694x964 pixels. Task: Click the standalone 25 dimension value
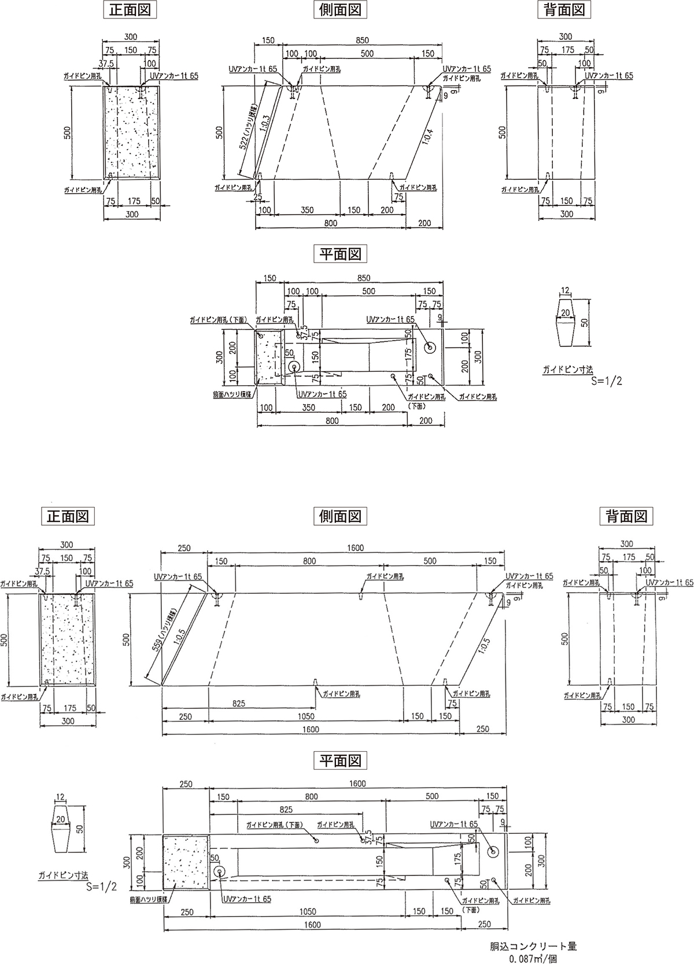258,197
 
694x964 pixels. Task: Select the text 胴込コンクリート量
534,947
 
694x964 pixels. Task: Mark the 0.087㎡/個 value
534,958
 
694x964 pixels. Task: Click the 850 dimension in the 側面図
362,41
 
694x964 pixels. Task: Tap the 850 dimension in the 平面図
364,278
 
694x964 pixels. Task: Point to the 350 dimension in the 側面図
308,210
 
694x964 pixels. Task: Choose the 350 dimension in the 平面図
308,408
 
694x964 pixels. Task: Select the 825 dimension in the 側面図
239,703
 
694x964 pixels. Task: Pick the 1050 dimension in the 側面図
306,716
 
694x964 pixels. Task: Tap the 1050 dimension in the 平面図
307,912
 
